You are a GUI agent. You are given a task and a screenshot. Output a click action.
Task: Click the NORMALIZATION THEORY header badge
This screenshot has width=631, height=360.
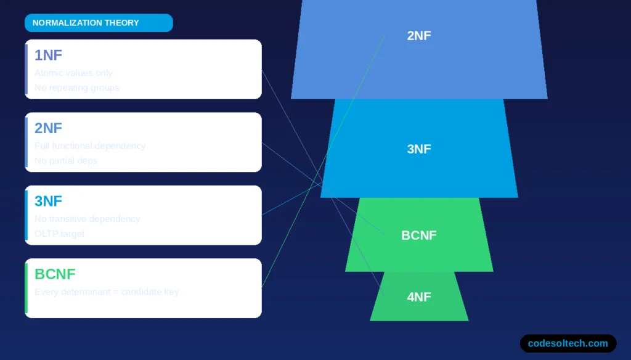(x=99, y=23)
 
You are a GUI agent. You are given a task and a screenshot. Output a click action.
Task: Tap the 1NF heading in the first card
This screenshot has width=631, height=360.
(x=48, y=55)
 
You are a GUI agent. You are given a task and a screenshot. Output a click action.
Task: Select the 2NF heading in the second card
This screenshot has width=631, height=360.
(x=48, y=128)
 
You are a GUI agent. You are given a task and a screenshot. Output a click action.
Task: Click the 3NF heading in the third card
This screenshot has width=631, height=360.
(x=48, y=201)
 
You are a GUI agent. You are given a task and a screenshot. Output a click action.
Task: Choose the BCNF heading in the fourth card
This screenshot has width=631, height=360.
(x=55, y=274)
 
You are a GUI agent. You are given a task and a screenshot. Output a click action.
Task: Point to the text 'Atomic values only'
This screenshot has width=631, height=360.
(x=73, y=73)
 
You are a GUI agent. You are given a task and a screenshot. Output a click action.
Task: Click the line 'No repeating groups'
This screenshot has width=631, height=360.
(x=77, y=88)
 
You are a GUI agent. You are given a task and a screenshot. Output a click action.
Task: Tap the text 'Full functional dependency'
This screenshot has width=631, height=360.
(x=90, y=145)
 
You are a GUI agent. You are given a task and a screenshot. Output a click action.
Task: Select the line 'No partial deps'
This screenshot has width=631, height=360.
(x=66, y=160)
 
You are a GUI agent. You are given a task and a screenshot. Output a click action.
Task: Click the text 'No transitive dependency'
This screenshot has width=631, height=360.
(x=88, y=218)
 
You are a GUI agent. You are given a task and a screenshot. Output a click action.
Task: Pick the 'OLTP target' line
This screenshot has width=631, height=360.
(x=60, y=233)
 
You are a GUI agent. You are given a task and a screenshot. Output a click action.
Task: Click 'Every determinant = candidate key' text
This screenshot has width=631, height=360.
(x=107, y=291)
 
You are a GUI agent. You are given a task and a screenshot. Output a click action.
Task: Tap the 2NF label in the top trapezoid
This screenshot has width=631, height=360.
(x=419, y=36)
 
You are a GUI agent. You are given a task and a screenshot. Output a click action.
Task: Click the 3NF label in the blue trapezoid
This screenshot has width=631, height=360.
(x=419, y=149)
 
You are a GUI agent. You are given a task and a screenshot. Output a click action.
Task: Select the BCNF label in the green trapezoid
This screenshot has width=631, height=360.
(x=419, y=235)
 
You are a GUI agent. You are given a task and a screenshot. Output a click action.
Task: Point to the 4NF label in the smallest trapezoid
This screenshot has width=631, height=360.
(x=419, y=297)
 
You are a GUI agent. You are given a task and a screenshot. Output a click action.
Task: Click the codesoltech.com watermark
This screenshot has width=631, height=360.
(x=568, y=343)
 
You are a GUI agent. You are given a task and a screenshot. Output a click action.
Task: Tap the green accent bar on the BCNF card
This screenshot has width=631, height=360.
(x=26, y=288)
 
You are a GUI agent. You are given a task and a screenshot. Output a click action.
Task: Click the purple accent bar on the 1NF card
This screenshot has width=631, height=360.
(x=26, y=69)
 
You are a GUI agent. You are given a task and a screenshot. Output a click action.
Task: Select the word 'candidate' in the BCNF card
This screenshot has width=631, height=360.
(x=141, y=291)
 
